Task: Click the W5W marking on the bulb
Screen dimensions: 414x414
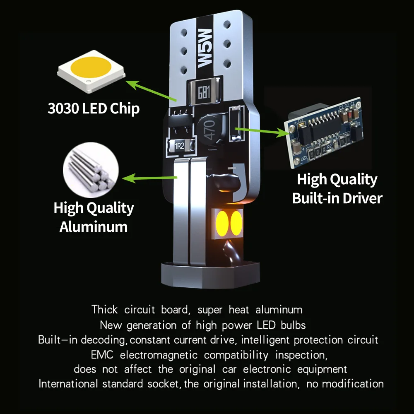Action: (205, 48)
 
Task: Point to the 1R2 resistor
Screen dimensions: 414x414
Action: (181, 145)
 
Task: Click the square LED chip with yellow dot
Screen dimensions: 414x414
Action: (91, 71)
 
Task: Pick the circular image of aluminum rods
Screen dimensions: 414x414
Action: (91, 170)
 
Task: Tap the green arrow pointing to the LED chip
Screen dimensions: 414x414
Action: (151, 91)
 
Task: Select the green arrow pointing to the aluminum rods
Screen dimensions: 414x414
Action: (149, 178)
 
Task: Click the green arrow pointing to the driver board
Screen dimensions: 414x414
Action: (262, 131)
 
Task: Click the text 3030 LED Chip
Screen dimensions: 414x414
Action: (94, 108)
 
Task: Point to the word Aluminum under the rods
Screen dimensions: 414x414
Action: (94, 227)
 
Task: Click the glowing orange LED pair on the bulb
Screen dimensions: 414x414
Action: (229, 224)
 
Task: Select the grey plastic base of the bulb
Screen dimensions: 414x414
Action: (210, 274)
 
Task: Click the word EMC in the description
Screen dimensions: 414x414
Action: (102, 355)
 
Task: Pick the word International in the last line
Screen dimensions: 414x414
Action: (68, 384)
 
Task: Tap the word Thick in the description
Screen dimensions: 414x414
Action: (104, 309)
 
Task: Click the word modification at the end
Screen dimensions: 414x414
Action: (353, 384)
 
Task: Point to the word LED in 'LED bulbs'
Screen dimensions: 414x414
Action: (266, 325)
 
